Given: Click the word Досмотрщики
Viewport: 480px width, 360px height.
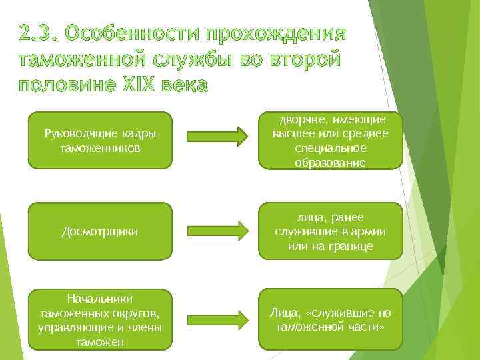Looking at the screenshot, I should pyautogui.click(x=100, y=232).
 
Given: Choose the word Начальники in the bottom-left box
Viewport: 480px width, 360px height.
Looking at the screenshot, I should pyautogui.click(x=100, y=299).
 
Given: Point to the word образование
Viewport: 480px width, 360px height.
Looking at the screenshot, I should pyautogui.click(x=330, y=162).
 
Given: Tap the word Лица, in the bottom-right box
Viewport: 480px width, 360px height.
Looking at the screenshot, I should pyautogui.click(x=283, y=313).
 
